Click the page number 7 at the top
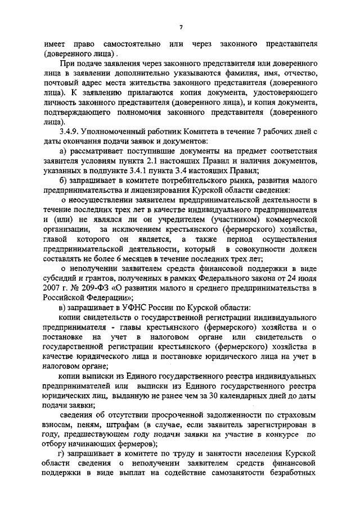(x=181, y=26)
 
